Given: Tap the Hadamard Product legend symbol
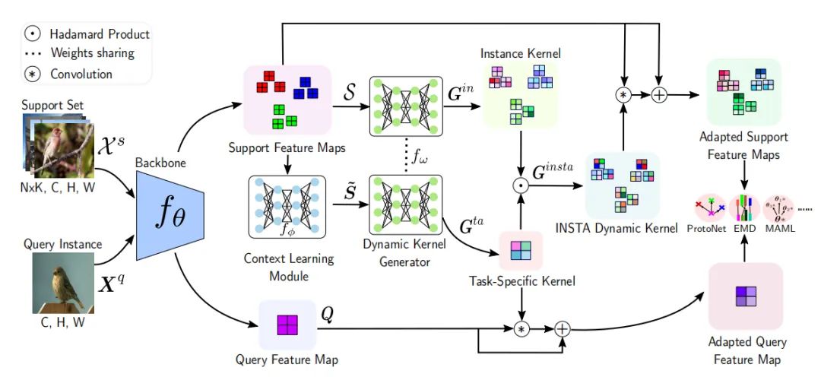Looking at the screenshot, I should point(33,34).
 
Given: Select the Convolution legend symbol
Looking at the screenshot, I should point(33,74).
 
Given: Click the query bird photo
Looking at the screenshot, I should point(63,283).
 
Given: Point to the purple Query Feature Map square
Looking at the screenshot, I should point(287,325).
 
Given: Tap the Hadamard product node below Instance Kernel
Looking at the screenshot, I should point(521,185).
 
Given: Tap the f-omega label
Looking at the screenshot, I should point(420,160).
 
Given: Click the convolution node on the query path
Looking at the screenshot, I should point(521,328).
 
